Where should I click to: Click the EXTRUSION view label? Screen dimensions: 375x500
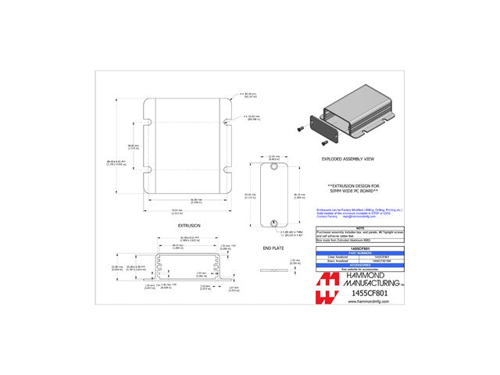(x=189, y=224)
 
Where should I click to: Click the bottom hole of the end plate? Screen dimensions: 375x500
(x=273, y=223)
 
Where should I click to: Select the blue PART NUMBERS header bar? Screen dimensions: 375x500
(x=359, y=252)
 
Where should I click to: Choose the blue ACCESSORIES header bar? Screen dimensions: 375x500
(x=359, y=264)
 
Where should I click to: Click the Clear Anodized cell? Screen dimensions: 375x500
(x=337, y=255)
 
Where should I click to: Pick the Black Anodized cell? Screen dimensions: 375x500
(x=337, y=260)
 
